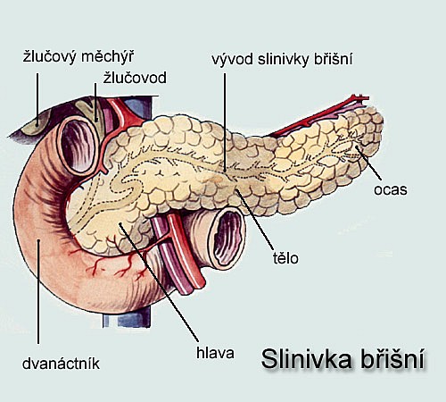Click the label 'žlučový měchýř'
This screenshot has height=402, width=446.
coord(78,56)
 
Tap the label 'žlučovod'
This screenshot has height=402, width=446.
coord(135,78)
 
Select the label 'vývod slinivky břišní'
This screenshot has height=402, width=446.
coord(282,59)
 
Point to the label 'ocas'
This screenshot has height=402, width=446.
coord(390,189)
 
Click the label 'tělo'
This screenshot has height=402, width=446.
coord(285,257)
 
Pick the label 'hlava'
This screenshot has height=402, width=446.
coord(215,353)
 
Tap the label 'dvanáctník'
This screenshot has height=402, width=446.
coord(61,364)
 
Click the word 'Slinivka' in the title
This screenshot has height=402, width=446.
coord(307,358)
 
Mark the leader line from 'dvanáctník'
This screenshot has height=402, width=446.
coord(38,292)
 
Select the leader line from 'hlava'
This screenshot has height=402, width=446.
coord(159,282)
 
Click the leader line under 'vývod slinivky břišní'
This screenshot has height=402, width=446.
coord(225,122)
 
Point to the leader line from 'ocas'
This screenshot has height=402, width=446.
coord(368,163)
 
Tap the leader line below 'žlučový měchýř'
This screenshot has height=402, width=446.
coord(37,99)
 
